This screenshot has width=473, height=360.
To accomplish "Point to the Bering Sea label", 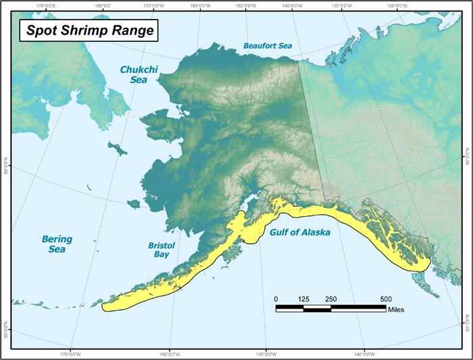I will pos(57,244).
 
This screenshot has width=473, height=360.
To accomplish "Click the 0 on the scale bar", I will pos(276,299).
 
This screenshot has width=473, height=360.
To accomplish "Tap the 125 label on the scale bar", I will pos(303,299).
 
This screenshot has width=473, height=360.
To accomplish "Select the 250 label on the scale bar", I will pos(331,299).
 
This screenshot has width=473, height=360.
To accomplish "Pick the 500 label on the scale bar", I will pos(386,299).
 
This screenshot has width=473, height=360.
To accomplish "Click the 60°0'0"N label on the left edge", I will pos(5,164).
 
